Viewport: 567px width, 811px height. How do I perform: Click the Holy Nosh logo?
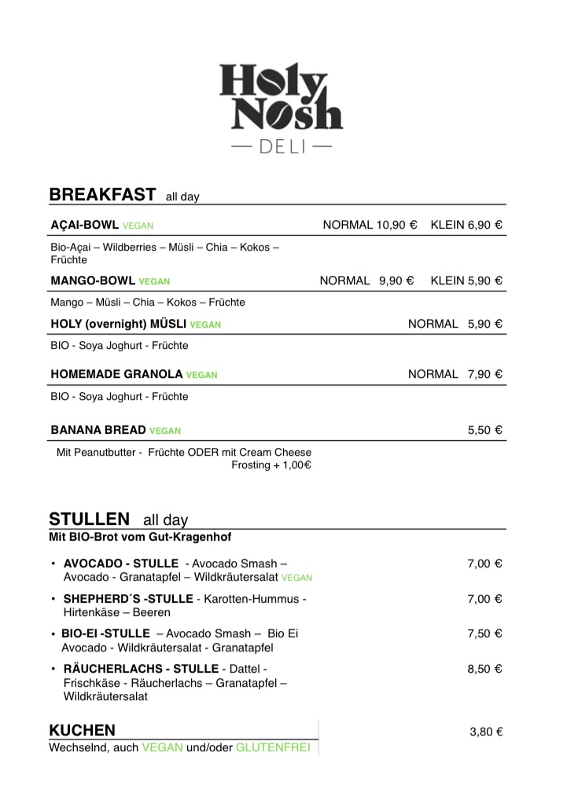pyautogui.click(x=282, y=97)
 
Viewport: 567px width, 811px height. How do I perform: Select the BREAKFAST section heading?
pyautogui.click(x=102, y=195)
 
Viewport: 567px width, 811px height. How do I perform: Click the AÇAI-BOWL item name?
pyautogui.click(x=85, y=225)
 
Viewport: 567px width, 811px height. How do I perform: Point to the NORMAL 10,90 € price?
pyautogui.click(x=370, y=225)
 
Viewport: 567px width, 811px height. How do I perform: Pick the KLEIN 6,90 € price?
pyautogui.click(x=466, y=225)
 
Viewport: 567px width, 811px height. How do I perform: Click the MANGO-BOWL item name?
pyautogui.click(x=93, y=281)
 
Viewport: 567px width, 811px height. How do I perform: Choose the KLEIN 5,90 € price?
pyautogui.click(x=466, y=281)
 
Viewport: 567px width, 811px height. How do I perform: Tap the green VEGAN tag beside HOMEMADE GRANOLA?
pyautogui.click(x=202, y=375)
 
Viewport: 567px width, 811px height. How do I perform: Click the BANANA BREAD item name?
pyautogui.click(x=98, y=430)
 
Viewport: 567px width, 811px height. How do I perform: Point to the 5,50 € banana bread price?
pyautogui.click(x=484, y=430)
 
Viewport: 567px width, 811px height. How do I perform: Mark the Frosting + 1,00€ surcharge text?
pyautogui.click(x=271, y=465)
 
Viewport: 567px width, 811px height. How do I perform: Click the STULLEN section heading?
pyautogui.click(x=89, y=519)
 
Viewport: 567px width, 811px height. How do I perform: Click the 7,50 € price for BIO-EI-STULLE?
pyautogui.click(x=484, y=633)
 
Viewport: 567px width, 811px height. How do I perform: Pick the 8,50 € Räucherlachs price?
pyautogui.click(x=484, y=669)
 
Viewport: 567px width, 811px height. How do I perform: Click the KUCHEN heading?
pyautogui.click(x=82, y=730)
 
